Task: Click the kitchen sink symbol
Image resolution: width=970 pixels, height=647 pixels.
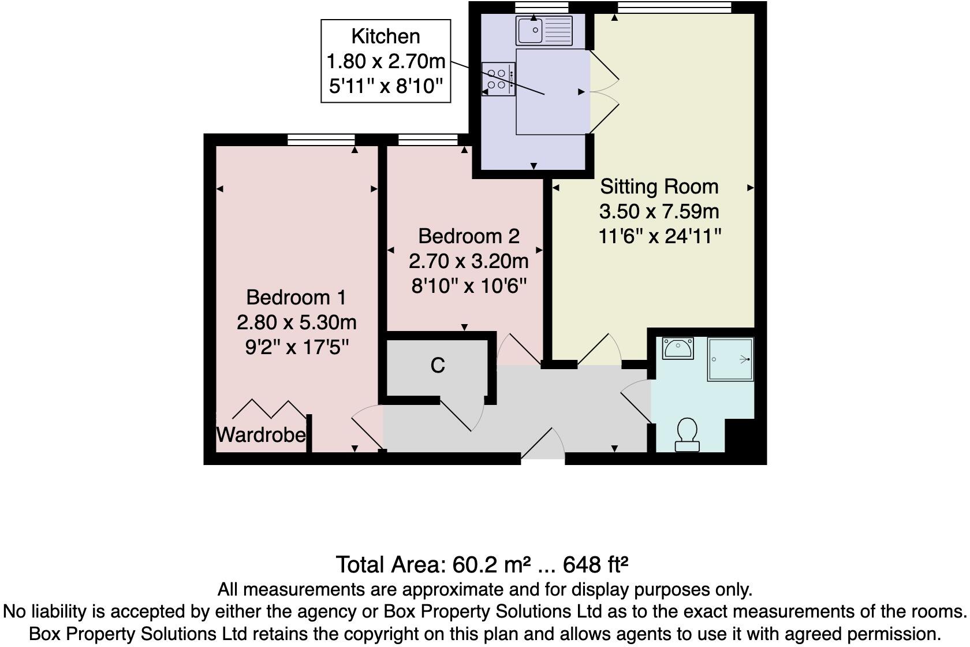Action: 544,31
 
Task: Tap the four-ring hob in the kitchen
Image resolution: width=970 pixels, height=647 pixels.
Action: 498,79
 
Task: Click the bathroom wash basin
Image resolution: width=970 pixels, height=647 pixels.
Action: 678,349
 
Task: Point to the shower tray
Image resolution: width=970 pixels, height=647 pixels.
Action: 730,359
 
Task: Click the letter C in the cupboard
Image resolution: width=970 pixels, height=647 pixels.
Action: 438,366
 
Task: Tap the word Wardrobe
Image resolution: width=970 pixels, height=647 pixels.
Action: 261,434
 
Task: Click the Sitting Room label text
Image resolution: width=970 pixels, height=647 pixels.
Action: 659,187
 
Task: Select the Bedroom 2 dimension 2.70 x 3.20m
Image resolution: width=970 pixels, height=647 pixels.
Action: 468,261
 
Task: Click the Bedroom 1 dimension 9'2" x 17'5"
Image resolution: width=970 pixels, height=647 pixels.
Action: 297,347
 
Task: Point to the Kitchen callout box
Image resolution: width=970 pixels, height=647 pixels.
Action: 386,61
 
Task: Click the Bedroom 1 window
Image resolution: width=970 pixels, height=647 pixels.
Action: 321,139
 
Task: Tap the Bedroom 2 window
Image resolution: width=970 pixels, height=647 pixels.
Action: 428,139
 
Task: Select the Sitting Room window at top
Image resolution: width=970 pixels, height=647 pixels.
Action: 674,8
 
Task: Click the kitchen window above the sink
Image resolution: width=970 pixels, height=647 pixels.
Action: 542,8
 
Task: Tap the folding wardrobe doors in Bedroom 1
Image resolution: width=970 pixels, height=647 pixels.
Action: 269,409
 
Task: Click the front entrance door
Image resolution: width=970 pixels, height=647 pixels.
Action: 543,445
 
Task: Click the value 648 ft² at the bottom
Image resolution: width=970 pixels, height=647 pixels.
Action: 595,564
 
